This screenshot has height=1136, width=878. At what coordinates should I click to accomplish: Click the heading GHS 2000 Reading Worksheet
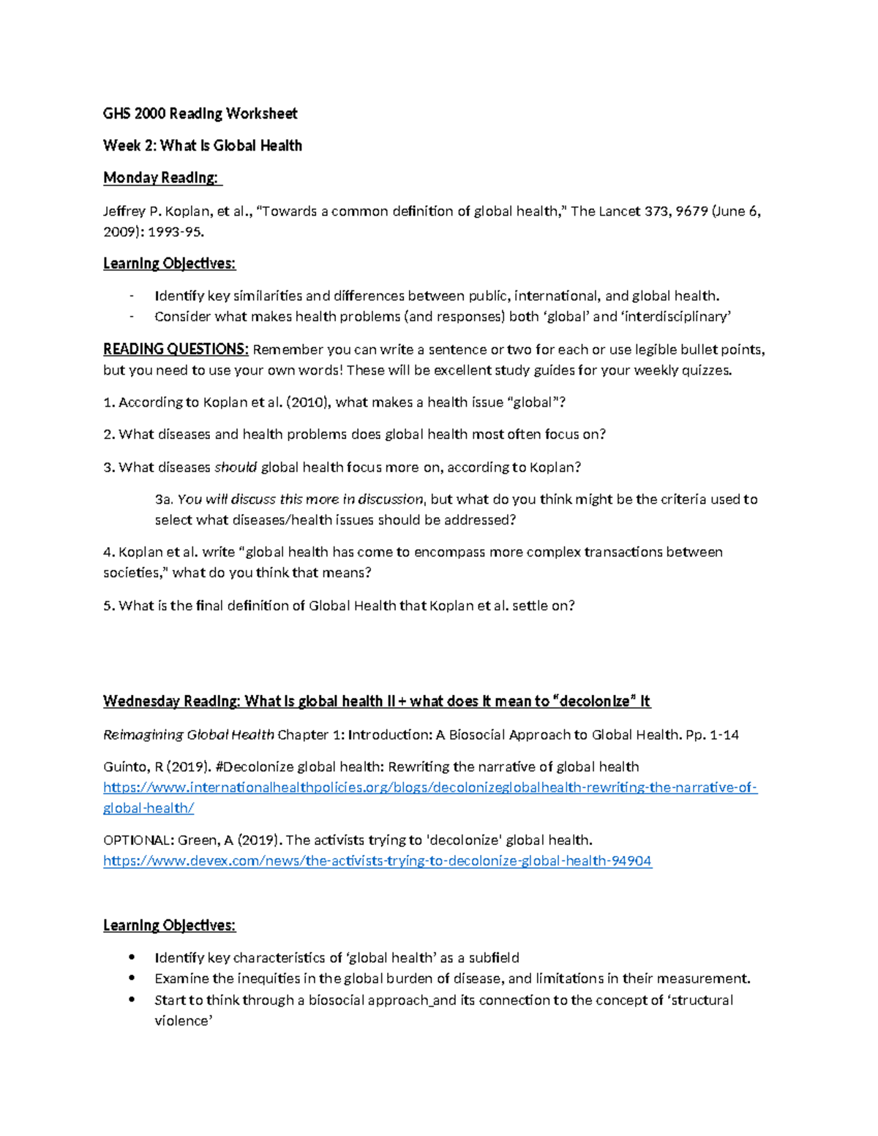click(x=200, y=113)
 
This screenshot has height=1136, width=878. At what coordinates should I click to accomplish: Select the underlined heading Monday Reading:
click(x=160, y=178)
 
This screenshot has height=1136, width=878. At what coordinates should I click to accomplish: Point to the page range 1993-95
click(x=176, y=232)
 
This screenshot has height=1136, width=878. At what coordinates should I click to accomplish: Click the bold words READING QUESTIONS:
click(x=176, y=349)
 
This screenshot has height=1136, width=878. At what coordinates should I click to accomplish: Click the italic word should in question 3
click(x=236, y=467)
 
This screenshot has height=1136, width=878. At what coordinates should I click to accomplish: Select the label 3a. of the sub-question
click(x=164, y=500)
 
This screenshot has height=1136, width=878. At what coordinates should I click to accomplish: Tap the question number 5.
click(x=108, y=606)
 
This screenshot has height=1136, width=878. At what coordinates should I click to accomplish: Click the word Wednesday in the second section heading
click(x=140, y=701)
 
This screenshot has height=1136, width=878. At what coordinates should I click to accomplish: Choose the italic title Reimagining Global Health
click(x=189, y=735)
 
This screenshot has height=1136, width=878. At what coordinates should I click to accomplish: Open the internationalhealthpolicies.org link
click(x=430, y=788)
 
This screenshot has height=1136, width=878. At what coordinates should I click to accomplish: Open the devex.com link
click(x=377, y=861)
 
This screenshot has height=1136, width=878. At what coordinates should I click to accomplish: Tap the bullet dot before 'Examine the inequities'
click(x=132, y=979)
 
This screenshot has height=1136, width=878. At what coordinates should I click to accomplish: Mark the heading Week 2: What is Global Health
click(x=202, y=146)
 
